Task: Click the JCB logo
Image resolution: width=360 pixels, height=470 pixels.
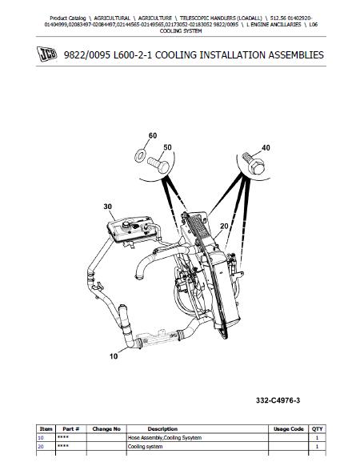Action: click(x=46, y=54)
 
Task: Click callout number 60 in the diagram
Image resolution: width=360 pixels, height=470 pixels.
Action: click(x=153, y=136)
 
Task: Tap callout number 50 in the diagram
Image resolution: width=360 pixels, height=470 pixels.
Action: click(x=167, y=147)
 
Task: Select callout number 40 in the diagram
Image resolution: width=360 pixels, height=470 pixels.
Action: click(x=266, y=148)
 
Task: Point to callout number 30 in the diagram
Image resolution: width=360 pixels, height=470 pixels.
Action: click(x=107, y=207)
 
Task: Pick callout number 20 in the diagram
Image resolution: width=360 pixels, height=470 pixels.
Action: click(x=224, y=227)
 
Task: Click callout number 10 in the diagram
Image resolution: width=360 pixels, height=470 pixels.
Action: click(x=114, y=356)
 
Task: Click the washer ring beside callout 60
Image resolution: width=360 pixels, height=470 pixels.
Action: click(x=139, y=156)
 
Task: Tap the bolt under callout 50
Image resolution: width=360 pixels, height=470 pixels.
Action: click(x=158, y=165)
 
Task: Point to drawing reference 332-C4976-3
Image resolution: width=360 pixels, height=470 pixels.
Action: click(x=278, y=400)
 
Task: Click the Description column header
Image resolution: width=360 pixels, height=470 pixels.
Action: click(x=162, y=429)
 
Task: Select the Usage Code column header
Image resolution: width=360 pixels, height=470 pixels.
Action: click(x=289, y=429)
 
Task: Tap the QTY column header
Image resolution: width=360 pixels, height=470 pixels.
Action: click(x=318, y=429)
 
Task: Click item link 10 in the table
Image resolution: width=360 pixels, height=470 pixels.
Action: click(x=41, y=438)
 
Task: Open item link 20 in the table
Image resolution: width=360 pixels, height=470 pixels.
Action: click(x=41, y=447)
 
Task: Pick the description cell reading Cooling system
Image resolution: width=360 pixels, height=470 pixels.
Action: click(x=145, y=447)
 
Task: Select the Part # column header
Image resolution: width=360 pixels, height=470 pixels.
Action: click(x=71, y=429)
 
